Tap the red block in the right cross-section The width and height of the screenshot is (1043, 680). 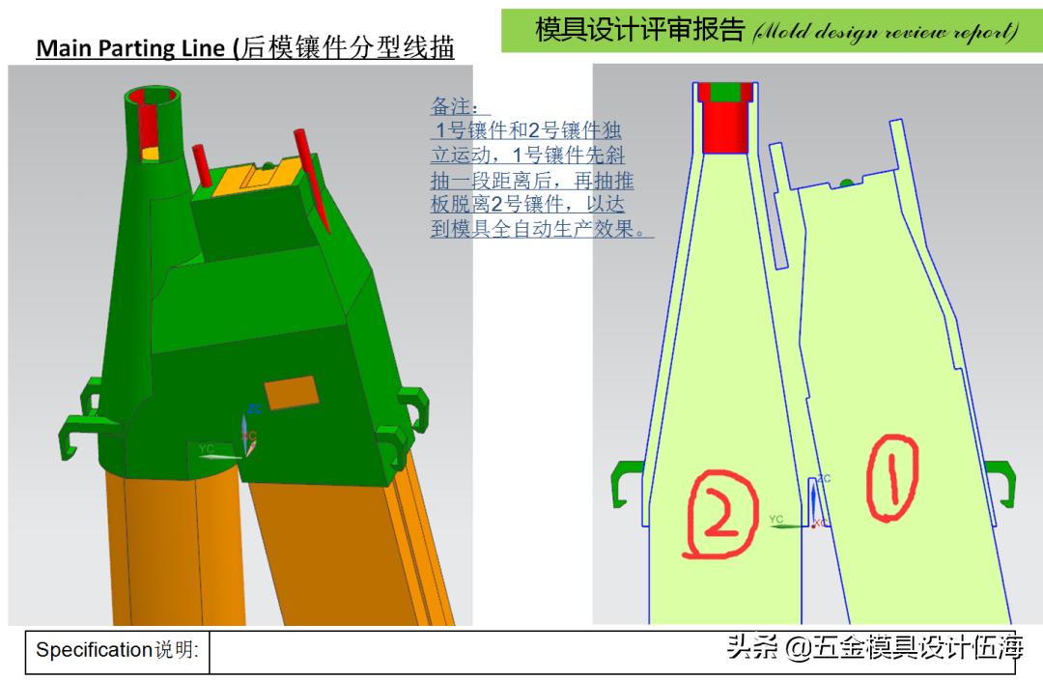point(724,127)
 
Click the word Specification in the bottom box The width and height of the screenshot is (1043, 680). point(95,650)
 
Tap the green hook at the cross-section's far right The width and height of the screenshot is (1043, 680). point(1002,482)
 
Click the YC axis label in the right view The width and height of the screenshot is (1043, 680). point(776,520)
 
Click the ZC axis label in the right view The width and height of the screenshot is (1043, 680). point(824,479)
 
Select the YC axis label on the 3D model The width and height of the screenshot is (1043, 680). point(207,449)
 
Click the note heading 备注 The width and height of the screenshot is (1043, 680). point(461,106)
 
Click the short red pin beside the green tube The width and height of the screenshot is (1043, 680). point(202,164)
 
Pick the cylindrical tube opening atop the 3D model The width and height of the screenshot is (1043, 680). point(155,97)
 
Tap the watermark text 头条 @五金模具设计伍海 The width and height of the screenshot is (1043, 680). point(874,646)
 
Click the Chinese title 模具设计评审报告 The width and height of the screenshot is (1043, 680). point(639,30)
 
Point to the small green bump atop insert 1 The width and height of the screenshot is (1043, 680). point(846,182)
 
